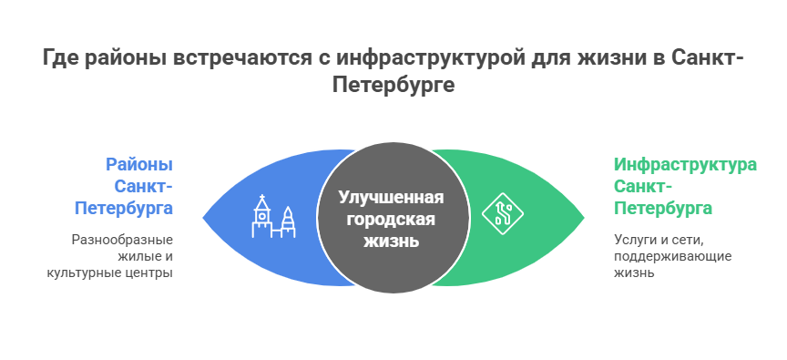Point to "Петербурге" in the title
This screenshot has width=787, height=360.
(x=393, y=85)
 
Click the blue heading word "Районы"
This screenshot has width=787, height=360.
(x=139, y=165)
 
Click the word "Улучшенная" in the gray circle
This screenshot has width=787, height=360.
(x=392, y=198)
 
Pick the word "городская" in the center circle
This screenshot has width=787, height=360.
(x=392, y=220)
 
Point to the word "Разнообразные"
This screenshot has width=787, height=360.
(x=123, y=240)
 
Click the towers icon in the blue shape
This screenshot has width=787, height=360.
(x=274, y=217)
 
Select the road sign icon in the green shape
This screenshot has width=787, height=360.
(x=502, y=215)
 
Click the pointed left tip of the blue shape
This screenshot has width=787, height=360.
(x=201, y=218)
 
